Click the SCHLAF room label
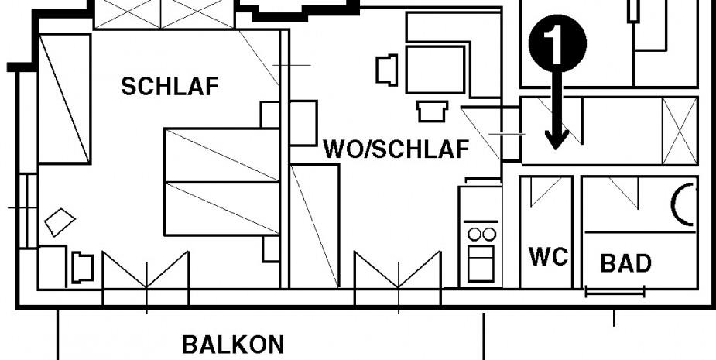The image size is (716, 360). [170, 87]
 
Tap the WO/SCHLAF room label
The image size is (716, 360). [396, 149]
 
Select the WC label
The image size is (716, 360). [548, 257]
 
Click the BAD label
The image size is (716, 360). [625, 263]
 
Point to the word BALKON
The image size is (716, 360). [233, 345]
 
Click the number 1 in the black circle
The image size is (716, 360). [557, 44]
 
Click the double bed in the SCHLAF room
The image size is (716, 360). [221, 182]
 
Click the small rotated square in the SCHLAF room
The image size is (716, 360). [60, 223]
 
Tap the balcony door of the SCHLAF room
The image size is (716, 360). [146, 271]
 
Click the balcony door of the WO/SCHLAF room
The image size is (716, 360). [398, 271]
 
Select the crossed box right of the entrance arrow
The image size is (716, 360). [680, 131]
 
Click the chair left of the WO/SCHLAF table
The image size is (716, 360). [386, 69]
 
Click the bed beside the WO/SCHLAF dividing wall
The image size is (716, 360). [315, 225]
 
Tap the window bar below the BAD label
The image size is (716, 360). [615, 293]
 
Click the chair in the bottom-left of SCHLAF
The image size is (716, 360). [82, 268]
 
